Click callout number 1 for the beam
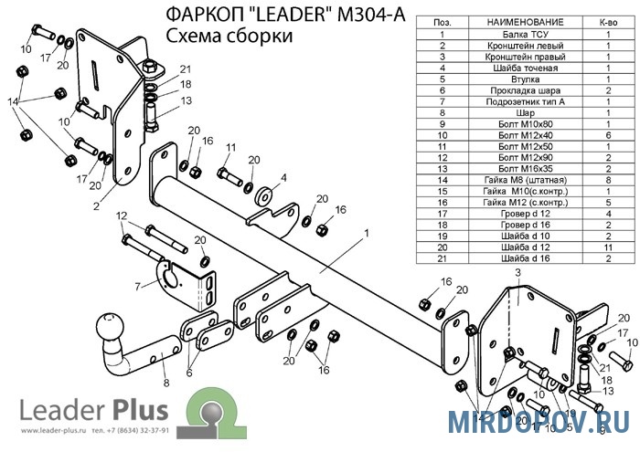point(366,233)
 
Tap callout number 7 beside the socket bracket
point(138,286)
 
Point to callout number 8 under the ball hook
point(165,384)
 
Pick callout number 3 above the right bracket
point(517,273)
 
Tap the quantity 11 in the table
point(608,247)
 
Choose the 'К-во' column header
point(608,20)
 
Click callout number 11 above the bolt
point(229,147)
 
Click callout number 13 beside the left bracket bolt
point(186,100)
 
